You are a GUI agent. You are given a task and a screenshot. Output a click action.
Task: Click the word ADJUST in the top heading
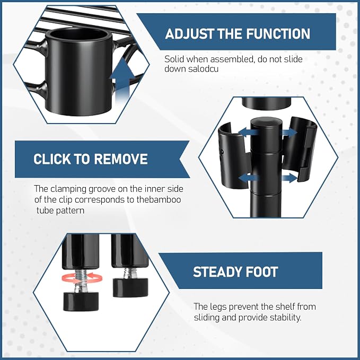[189, 33]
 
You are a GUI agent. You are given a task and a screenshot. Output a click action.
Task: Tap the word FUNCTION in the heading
[278, 33]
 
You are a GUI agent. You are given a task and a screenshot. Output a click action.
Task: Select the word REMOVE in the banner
[120, 159]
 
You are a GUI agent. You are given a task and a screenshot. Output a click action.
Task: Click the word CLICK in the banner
[52, 159]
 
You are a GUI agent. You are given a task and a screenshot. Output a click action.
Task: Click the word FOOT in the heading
[259, 272]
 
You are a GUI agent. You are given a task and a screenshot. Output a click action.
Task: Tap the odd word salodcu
[203, 69]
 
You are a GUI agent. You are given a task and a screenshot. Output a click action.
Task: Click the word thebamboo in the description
[159, 199]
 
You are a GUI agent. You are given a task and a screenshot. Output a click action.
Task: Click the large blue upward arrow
[122, 81]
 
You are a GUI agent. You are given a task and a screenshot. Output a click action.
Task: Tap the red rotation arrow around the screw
[82, 277]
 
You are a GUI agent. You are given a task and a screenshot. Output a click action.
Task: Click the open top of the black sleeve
[79, 37]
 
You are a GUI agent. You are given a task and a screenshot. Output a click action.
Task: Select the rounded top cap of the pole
[266, 124]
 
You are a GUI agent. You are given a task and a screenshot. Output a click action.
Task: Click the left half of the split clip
[233, 156]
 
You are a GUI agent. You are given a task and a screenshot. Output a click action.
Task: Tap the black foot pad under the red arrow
[81, 301]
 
